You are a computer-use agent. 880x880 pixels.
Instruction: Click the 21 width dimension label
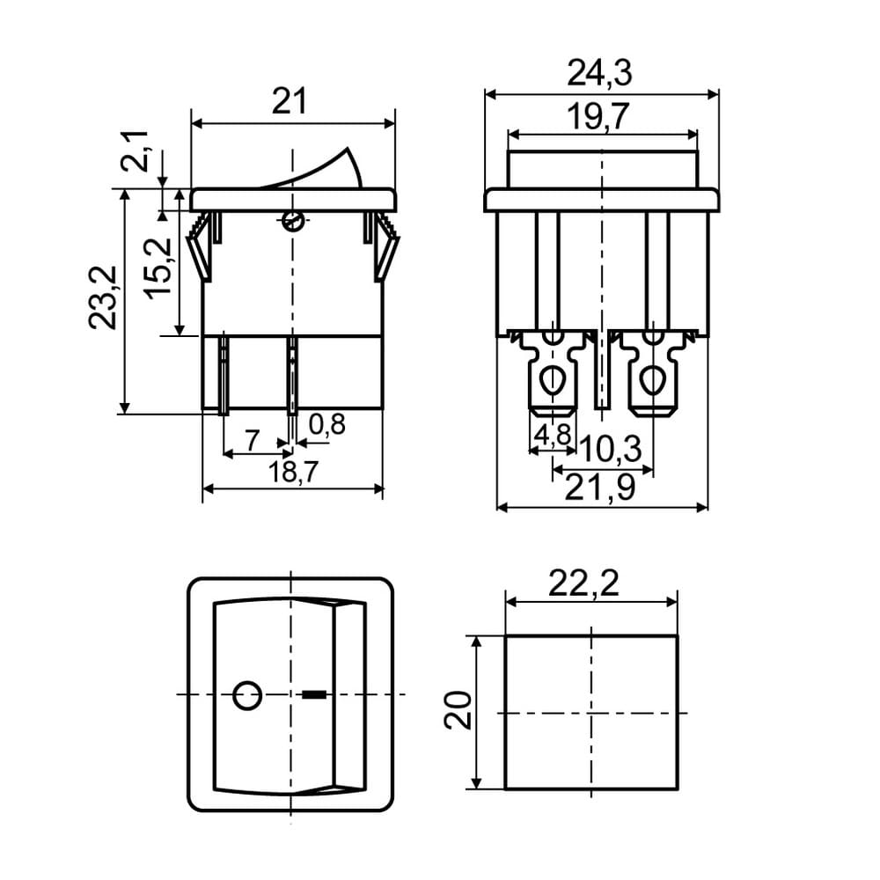290,102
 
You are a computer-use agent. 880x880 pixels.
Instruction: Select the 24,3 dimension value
599,74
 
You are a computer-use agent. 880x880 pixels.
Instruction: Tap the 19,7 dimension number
598,117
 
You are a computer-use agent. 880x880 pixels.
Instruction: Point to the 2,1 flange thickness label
135,151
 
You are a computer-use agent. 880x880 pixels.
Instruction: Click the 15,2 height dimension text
158,268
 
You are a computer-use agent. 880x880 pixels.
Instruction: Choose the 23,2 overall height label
103,297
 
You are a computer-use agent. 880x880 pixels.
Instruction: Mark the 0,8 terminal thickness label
326,424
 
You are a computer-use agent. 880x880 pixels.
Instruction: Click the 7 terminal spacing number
253,440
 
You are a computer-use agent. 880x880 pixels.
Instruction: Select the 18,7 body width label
293,472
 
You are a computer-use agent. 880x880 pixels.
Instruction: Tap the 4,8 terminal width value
553,435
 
